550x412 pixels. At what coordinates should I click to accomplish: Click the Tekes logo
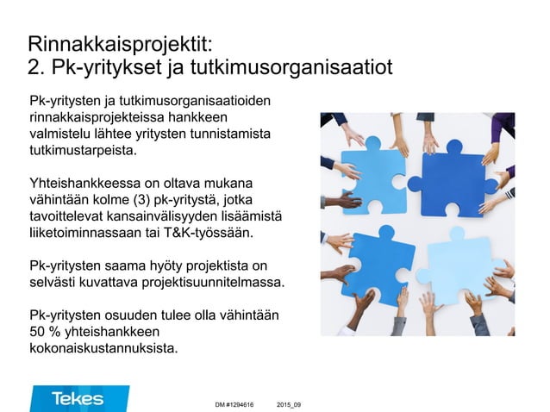pyautogui.click(x=78, y=398)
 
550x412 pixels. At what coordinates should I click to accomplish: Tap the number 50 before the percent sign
pyautogui.click(x=39, y=333)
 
